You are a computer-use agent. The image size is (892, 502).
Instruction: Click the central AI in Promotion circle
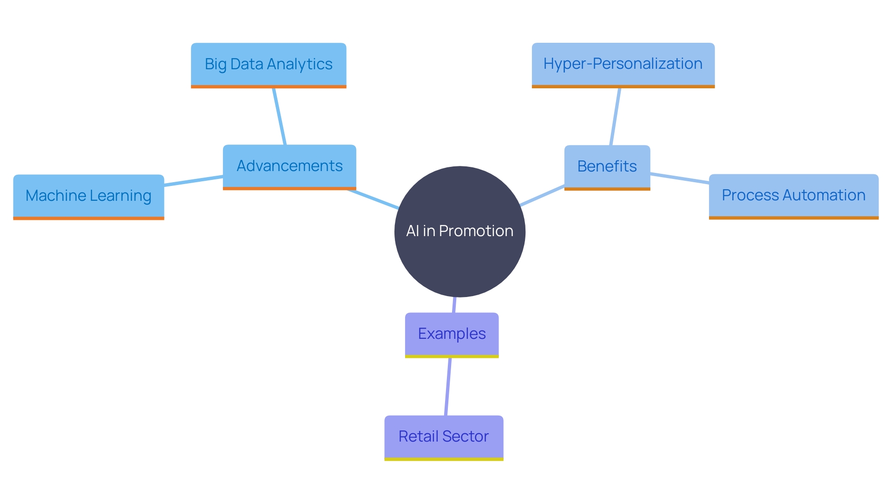[459, 231]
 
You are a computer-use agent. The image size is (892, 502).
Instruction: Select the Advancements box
[289, 166]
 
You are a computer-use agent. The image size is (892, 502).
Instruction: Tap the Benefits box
[607, 166]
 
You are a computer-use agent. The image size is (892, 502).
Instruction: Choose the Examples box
[452, 334]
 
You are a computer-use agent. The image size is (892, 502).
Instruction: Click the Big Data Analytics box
[269, 64]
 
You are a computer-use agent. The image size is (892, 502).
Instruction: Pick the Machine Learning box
[88, 196]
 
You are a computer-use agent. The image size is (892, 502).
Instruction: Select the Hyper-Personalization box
[623, 64]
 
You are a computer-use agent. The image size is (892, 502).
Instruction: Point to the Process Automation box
[794, 195]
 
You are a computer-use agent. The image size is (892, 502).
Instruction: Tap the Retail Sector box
[444, 436]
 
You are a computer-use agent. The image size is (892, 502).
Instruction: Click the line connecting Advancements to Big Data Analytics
[279, 116]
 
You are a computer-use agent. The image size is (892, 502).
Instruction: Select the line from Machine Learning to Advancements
[193, 181]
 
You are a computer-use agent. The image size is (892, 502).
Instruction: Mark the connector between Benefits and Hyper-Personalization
[615, 116]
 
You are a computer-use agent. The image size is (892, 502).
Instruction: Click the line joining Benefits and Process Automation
[679, 178]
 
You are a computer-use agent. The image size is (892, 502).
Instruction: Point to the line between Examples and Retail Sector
[448, 387]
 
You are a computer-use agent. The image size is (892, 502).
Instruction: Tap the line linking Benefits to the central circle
[542, 195]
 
